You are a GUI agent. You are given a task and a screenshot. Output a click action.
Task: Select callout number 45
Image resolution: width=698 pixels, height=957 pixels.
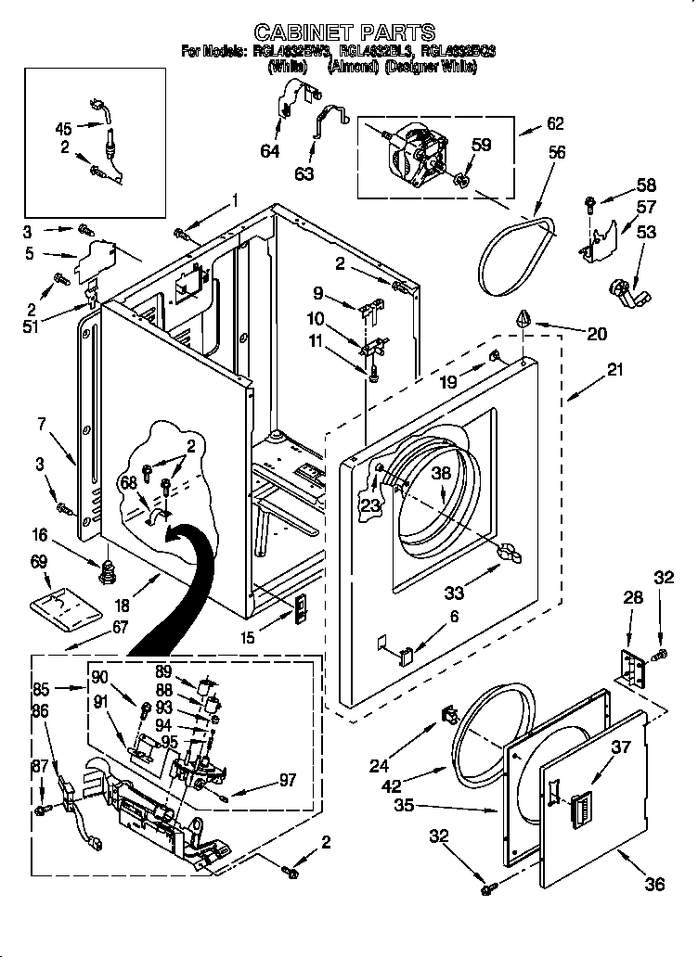pyautogui.click(x=63, y=129)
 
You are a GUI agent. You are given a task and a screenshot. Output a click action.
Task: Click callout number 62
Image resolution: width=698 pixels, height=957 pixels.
pyautogui.click(x=555, y=122)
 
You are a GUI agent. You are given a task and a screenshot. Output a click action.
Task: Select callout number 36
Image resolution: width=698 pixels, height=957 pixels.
pyautogui.click(x=654, y=884)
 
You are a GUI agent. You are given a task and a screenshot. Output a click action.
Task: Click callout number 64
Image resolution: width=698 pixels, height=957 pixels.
pyautogui.click(x=269, y=151)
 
